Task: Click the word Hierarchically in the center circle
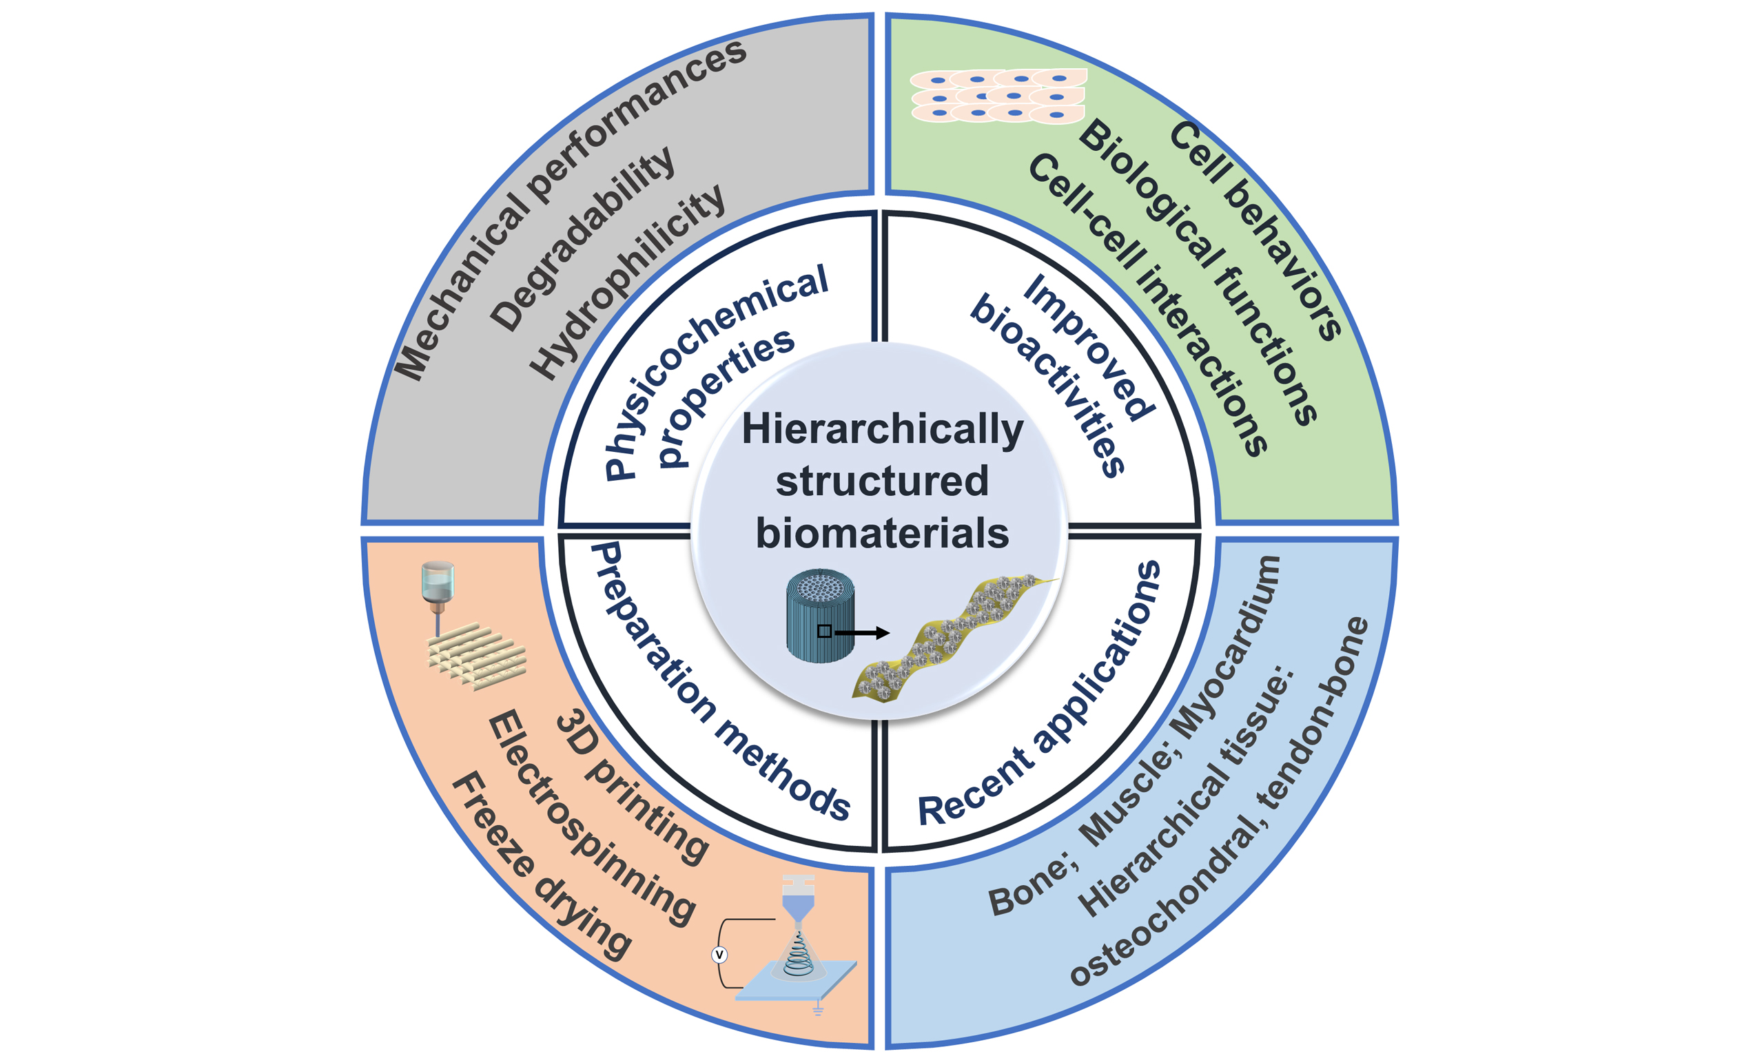(882, 431)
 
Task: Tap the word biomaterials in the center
(882, 534)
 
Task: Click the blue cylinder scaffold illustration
(820, 616)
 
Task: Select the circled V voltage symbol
(719, 955)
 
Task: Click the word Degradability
(581, 239)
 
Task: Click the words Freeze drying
(542, 866)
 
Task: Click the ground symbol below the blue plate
(818, 1010)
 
